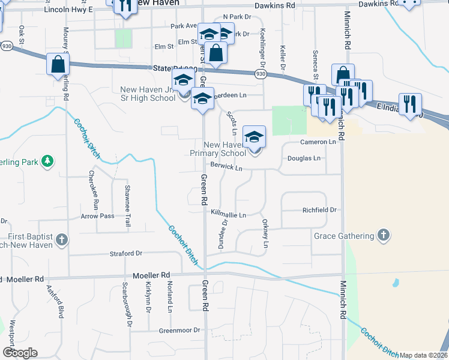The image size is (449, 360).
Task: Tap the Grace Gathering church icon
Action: click(384, 235)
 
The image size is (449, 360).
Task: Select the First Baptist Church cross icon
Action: click(61, 241)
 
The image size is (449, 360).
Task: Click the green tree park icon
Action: click(47, 161)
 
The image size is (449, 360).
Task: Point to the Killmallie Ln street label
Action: click(228, 214)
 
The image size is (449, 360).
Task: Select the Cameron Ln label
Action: click(318, 142)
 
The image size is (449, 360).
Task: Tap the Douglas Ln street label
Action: click(304, 158)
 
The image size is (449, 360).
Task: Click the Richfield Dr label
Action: click(319, 211)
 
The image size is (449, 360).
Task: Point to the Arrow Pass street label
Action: click(97, 215)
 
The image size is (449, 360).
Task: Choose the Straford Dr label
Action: click(125, 254)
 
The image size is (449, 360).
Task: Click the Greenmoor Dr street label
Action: click(179, 330)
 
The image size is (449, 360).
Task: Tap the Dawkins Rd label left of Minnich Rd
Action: click(274, 5)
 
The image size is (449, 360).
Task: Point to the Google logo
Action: click(20, 353)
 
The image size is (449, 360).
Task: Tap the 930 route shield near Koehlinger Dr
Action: click(260, 74)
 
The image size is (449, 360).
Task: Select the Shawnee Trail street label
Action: click(127, 205)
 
